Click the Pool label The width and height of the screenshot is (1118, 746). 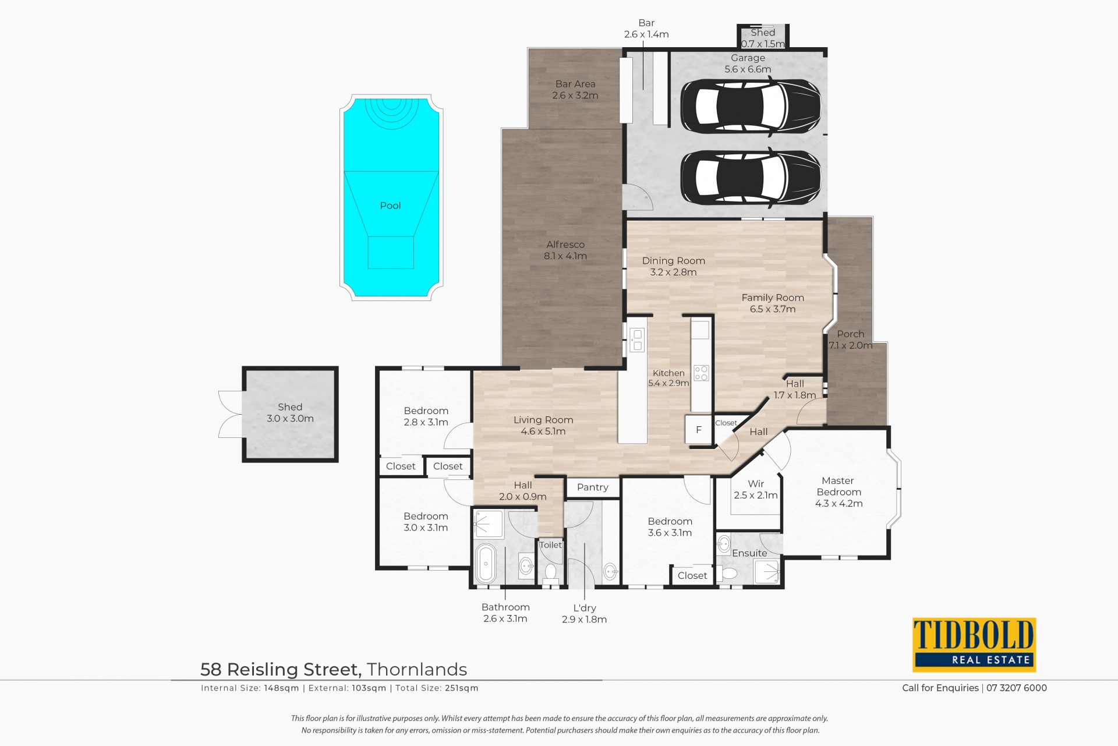coord(390,206)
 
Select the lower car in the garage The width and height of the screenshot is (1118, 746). coord(751,178)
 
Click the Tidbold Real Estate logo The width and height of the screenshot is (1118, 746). coord(974,645)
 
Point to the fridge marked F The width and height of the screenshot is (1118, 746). coord(699,430)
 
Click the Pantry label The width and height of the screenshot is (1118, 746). coord(593,487)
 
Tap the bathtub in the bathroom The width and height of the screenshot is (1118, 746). coord(486,563)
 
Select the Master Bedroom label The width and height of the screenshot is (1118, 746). coord(838,486)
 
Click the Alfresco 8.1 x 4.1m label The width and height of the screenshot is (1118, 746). coord(565,250)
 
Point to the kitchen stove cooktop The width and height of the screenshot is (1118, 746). coord(701,373)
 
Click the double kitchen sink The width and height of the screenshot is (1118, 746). coord(637,340)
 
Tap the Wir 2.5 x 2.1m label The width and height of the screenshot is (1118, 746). coord(756,490)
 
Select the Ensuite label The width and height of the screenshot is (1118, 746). coord(749,553)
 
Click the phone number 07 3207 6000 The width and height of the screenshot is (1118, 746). coord(1017,688)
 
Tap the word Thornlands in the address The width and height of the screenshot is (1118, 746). coord(417,670)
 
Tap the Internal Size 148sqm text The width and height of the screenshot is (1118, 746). coord(250,688)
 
